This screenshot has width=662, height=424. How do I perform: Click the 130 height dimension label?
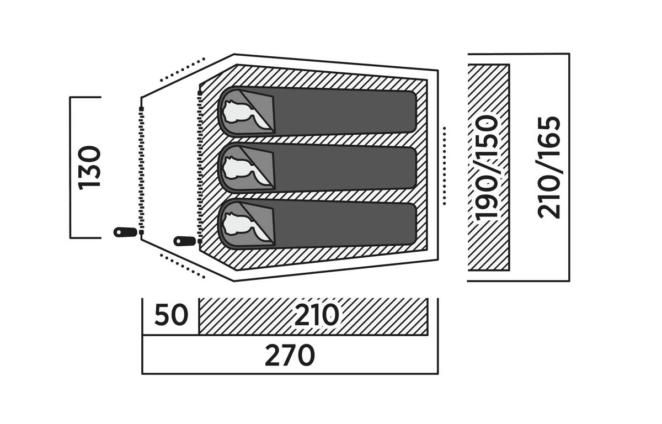pos(89,167)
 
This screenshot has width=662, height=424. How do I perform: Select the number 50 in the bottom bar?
pos(171,316)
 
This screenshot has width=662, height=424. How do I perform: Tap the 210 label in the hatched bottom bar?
pos(316,316)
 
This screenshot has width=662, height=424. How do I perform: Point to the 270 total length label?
pos(290,356)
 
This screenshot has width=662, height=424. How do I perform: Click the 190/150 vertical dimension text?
pos(488,167)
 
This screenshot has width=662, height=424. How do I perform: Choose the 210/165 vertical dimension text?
pos(549,167)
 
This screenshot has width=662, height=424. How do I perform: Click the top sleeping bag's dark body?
pos(345,112)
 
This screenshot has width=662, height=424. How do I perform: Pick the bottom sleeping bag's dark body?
pos(345,224)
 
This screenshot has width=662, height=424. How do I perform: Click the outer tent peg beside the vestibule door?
pos(125,232)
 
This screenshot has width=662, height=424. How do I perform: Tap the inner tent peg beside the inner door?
pos(185,241)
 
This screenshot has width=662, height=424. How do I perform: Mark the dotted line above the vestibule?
pos(183,70)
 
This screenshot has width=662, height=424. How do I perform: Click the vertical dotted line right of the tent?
pos(444,166)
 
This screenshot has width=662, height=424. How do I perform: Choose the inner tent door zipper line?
pos(200,166)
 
